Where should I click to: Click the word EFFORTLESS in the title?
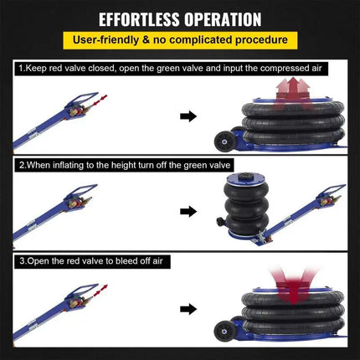pos(139,19)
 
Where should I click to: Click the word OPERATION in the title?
pos(223,19)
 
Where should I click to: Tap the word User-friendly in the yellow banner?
pos(105,40)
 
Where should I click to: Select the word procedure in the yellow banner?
pos(261,40)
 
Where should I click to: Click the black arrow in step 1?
pos(188,116)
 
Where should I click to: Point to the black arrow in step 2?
pos(188,211)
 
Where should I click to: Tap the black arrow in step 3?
pos(188,309)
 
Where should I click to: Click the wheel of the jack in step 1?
pos(224,141)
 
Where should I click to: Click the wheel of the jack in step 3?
pos(224,331)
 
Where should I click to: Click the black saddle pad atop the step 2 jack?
pos(245,176)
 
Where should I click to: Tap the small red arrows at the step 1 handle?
pos(100,100)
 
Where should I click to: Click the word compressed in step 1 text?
pos(281,69)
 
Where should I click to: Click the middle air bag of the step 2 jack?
pos(247,207)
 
